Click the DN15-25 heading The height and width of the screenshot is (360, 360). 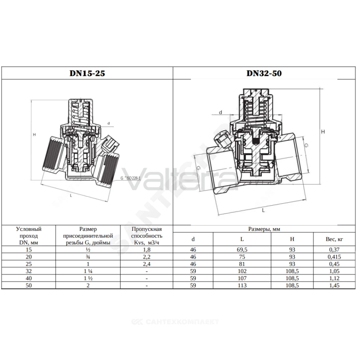tap(87, 73)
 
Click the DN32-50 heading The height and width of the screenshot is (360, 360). tap(264, 73)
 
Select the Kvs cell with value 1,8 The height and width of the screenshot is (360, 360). tap(147, 249)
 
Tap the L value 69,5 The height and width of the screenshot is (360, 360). tap(242, 249)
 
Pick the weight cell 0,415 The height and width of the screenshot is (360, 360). tap(334, 257)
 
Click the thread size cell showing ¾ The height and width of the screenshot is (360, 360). tap(88, 257)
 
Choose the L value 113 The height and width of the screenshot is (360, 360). tap(242, 285)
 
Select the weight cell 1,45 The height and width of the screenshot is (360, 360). tap(334, 285)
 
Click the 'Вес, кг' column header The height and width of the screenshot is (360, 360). tap(334, 239)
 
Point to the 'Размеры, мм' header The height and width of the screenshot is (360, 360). tap(264, 229)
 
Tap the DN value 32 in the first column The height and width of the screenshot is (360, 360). tap(29, 271)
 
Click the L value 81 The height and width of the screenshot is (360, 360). tap(242, 264)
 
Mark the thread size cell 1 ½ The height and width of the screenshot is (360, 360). tap(88, 278)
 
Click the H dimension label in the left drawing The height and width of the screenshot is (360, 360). tap(35, 135)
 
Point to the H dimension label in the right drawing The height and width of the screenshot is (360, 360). tap(323, 132)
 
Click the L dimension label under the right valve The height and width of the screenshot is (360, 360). tap(264, 210)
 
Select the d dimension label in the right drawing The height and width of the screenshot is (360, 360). tap(220, 112)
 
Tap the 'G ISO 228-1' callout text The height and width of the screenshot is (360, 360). tap(130, 178)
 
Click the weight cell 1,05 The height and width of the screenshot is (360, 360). tap(334, 271)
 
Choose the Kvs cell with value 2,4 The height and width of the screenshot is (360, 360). tap(147, 264)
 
